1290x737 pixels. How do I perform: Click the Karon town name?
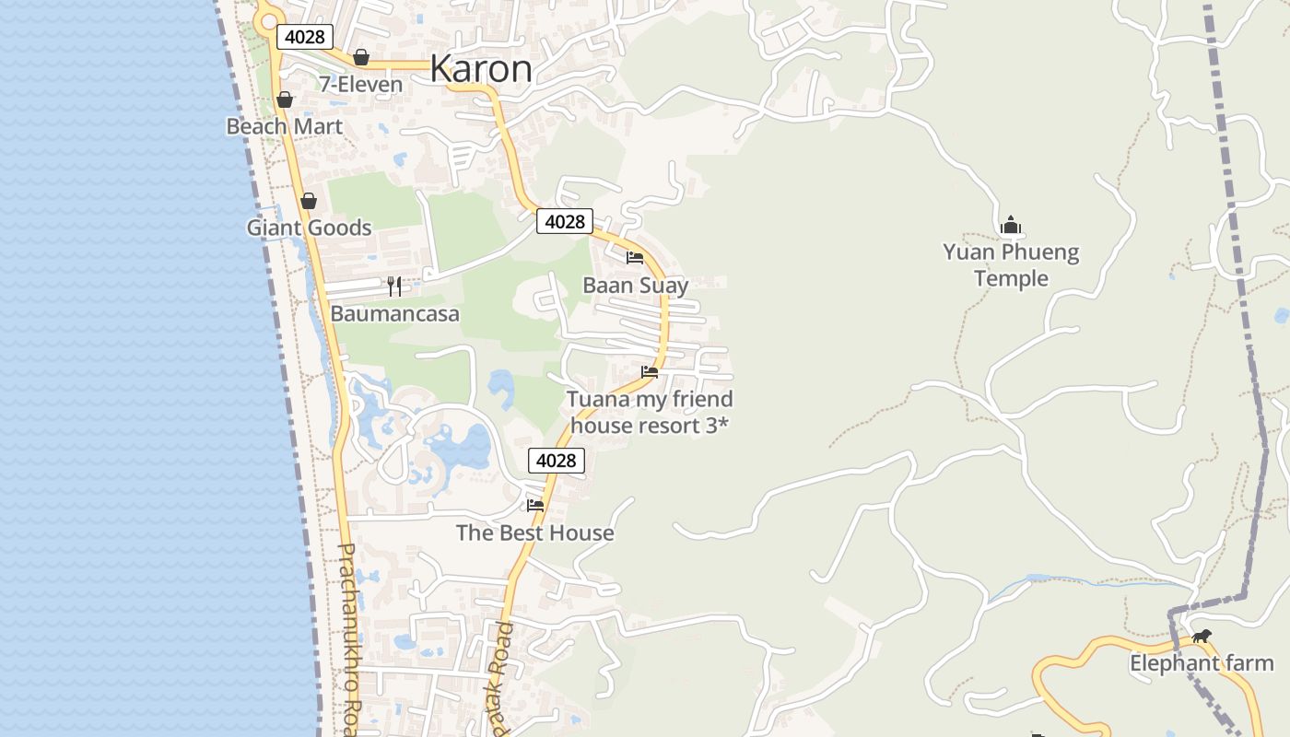point(481,69)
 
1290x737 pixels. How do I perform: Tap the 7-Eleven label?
point(360,85)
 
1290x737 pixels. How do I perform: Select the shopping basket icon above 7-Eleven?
point(361,57)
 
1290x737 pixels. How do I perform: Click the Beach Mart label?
point(285,126)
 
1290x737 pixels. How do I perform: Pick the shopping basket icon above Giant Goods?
point(309,201)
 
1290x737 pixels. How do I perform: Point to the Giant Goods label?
point(309,228)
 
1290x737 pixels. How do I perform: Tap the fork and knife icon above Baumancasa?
point(394,286)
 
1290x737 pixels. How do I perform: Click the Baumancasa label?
point(394,313)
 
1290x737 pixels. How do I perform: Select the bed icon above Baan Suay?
point(635,258)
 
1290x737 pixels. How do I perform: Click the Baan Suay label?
point(635,286)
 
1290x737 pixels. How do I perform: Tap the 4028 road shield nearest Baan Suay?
point(565,221)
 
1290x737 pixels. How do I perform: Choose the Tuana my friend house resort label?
point(650,412)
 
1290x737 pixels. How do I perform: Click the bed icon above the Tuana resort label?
point(650,372)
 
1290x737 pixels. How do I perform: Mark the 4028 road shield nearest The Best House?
point(557,461)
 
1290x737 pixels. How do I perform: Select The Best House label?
point(534,532)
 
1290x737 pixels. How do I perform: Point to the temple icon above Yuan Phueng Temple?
point(1011,225)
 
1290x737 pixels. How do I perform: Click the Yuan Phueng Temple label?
point(1011,265)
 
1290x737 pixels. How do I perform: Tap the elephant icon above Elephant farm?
point(1201,636)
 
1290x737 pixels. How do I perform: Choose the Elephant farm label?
point(1202,663)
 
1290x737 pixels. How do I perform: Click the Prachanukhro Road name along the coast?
point(348,636)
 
